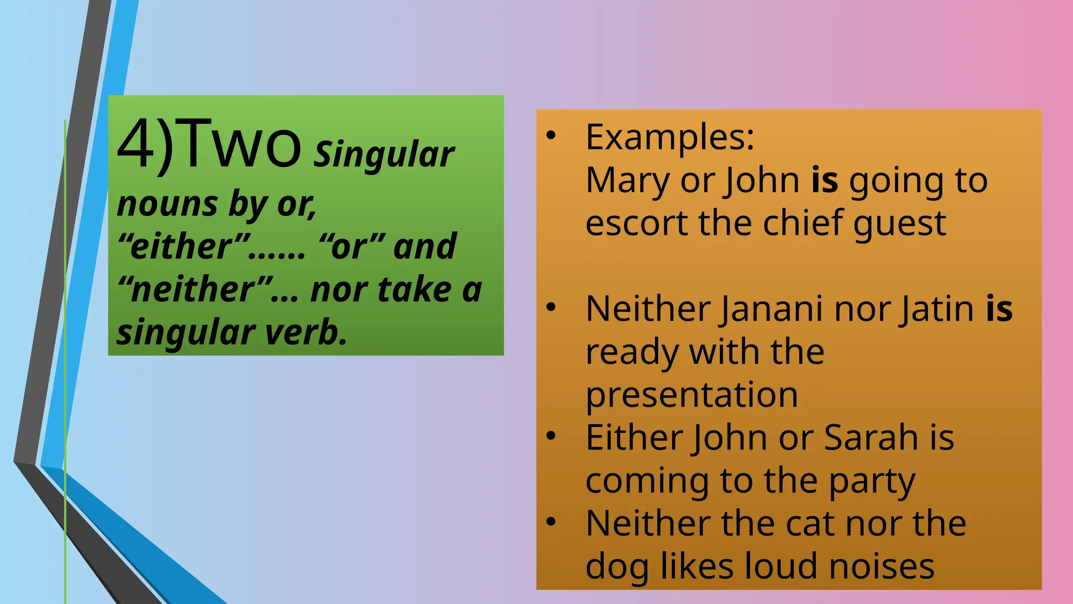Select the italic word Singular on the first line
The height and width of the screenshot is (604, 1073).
click(384, 155)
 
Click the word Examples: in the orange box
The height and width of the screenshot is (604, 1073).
click(670, 137)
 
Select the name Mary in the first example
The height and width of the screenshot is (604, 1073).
click(628, 180)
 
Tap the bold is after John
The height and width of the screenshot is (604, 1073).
click(825, 180)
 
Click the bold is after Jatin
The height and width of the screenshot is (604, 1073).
click(999, 309)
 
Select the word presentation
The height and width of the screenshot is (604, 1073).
click(692, 395)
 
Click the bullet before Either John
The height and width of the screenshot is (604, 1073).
click(551, 436)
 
